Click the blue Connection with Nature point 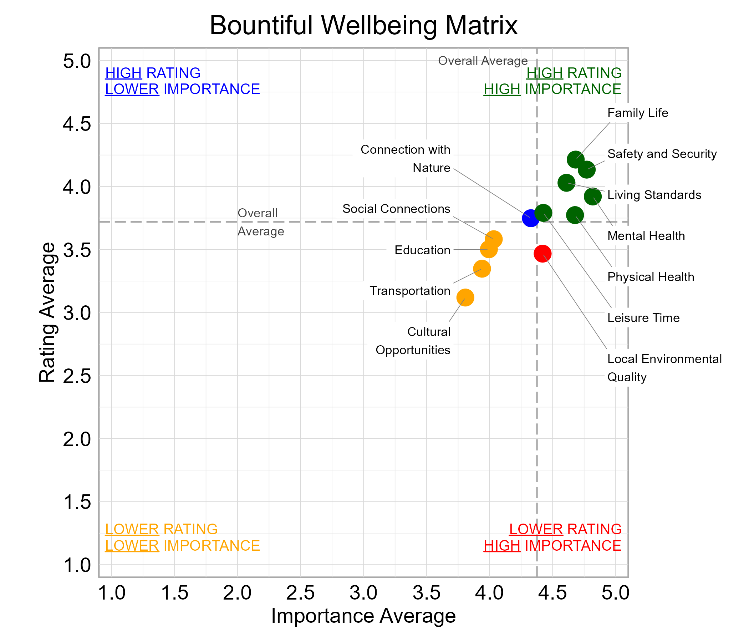coord(531,218)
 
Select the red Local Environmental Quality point coord(542,253)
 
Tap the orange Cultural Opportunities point coord(465,297)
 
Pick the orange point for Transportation coord(481,269)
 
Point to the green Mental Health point coord(592,197)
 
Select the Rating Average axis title coord(47,312)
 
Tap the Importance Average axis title coord(363,615)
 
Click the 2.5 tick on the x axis coord(300,593)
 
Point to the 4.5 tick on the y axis coord(77,124)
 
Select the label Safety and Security coord(662,154)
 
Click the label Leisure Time coord(643,318)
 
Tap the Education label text coord(422,250)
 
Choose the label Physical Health coord(650,277)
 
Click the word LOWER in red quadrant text coord(536,529)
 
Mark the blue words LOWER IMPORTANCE coord(182,89)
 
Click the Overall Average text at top coord(483,61)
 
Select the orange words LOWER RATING coord(161,529)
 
